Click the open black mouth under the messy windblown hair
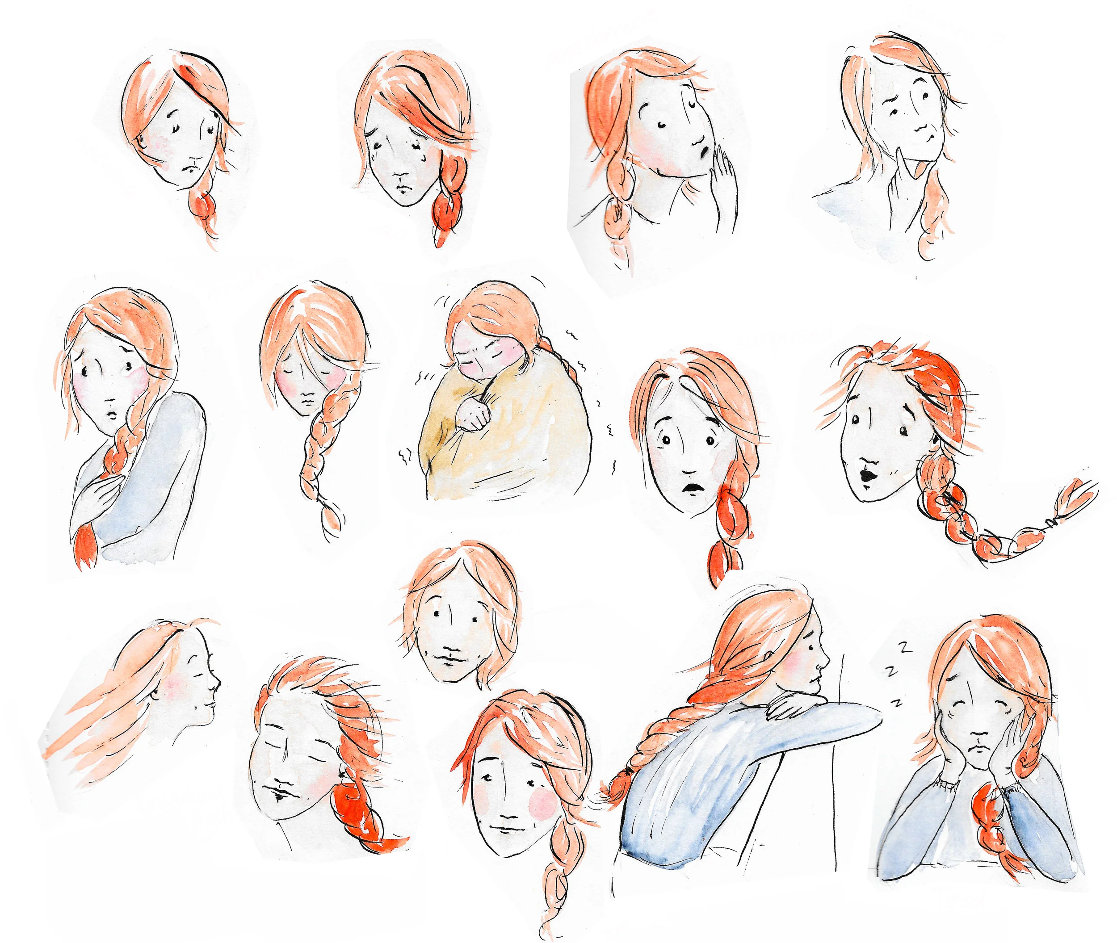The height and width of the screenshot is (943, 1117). tap(864, 474)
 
